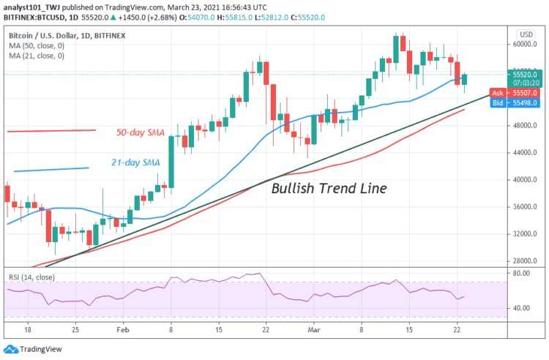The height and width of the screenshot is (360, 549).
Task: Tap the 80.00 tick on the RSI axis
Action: click(522, 274)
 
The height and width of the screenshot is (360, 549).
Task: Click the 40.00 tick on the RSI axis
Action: click(522, 308)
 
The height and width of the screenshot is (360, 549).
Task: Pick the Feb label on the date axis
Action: click(124, 330)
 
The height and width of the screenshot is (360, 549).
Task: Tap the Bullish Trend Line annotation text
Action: click(329, 188)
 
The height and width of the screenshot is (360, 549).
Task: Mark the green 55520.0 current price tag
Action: click(526, 74)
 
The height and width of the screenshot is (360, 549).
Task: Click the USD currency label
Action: click(525, 34)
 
